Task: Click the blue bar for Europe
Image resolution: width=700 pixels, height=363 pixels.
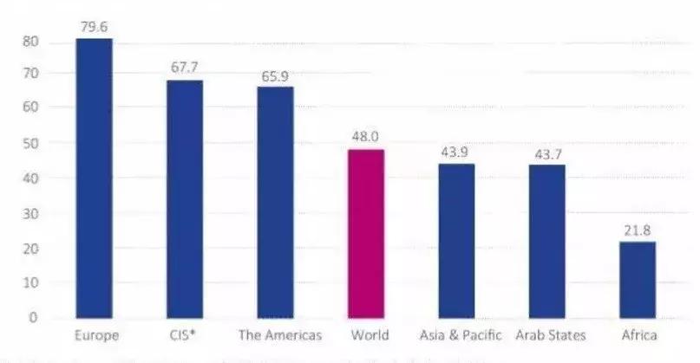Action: [94, 178]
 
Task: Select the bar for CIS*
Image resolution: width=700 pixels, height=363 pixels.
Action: [185, 198]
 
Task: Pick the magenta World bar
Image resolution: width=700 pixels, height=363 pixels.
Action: [365, 233]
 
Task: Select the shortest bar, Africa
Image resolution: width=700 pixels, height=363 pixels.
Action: [638, 279]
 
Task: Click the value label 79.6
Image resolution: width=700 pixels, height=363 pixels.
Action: [93, 27]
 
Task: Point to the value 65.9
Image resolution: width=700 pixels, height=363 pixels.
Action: [276, 75]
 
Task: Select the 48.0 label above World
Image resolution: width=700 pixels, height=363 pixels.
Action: [365, 137]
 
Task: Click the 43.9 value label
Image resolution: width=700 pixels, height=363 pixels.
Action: [455, 152]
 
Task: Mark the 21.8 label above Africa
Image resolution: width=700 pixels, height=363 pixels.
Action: [638, 230]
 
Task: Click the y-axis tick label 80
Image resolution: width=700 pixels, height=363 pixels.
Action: [31, 41]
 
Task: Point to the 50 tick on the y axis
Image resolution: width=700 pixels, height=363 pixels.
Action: [31, 142]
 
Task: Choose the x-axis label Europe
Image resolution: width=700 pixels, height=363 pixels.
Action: [95, 335]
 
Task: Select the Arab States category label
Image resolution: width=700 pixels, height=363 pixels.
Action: [550, 335]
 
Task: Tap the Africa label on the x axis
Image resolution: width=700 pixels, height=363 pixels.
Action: [638, 335]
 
